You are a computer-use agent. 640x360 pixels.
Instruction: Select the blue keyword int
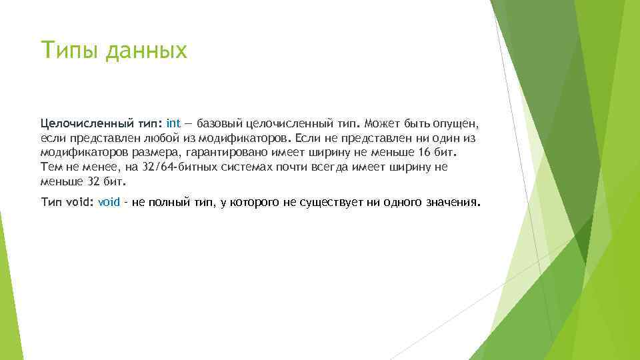(173, 123)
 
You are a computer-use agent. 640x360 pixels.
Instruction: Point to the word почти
(268, 167)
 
